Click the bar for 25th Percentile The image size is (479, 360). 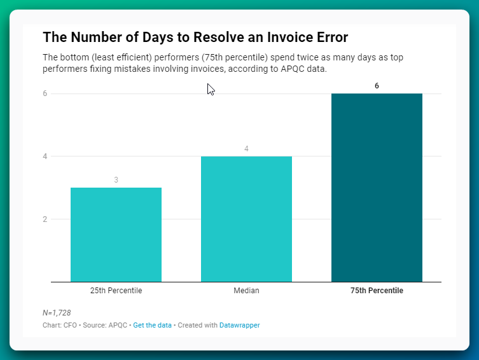click(x=116, y=234)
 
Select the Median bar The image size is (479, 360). click(x=246, y=219)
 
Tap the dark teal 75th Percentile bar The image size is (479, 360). click(x=377, y=188)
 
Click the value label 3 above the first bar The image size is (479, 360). click(x=116, y=180)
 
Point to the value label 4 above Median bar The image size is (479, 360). click(x=246, y=149)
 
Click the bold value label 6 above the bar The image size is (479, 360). click(x=377, y=85)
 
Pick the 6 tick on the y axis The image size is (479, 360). click(x=45, y=93)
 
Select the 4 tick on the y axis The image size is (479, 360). click(x=45, y=156)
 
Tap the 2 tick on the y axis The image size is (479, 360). click(x=45, y=219)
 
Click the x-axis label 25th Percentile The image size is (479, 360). click(x=116, y=291)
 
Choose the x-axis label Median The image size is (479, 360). click(x=246, y=291)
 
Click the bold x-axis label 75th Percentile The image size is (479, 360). click(x=377, y=291)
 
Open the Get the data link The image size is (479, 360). click(x=152, y=325)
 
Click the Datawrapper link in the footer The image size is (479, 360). click(x=239, y=325)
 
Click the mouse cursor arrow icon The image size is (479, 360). click(x=211, y=90)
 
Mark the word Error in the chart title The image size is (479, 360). click(x=330, y=37)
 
